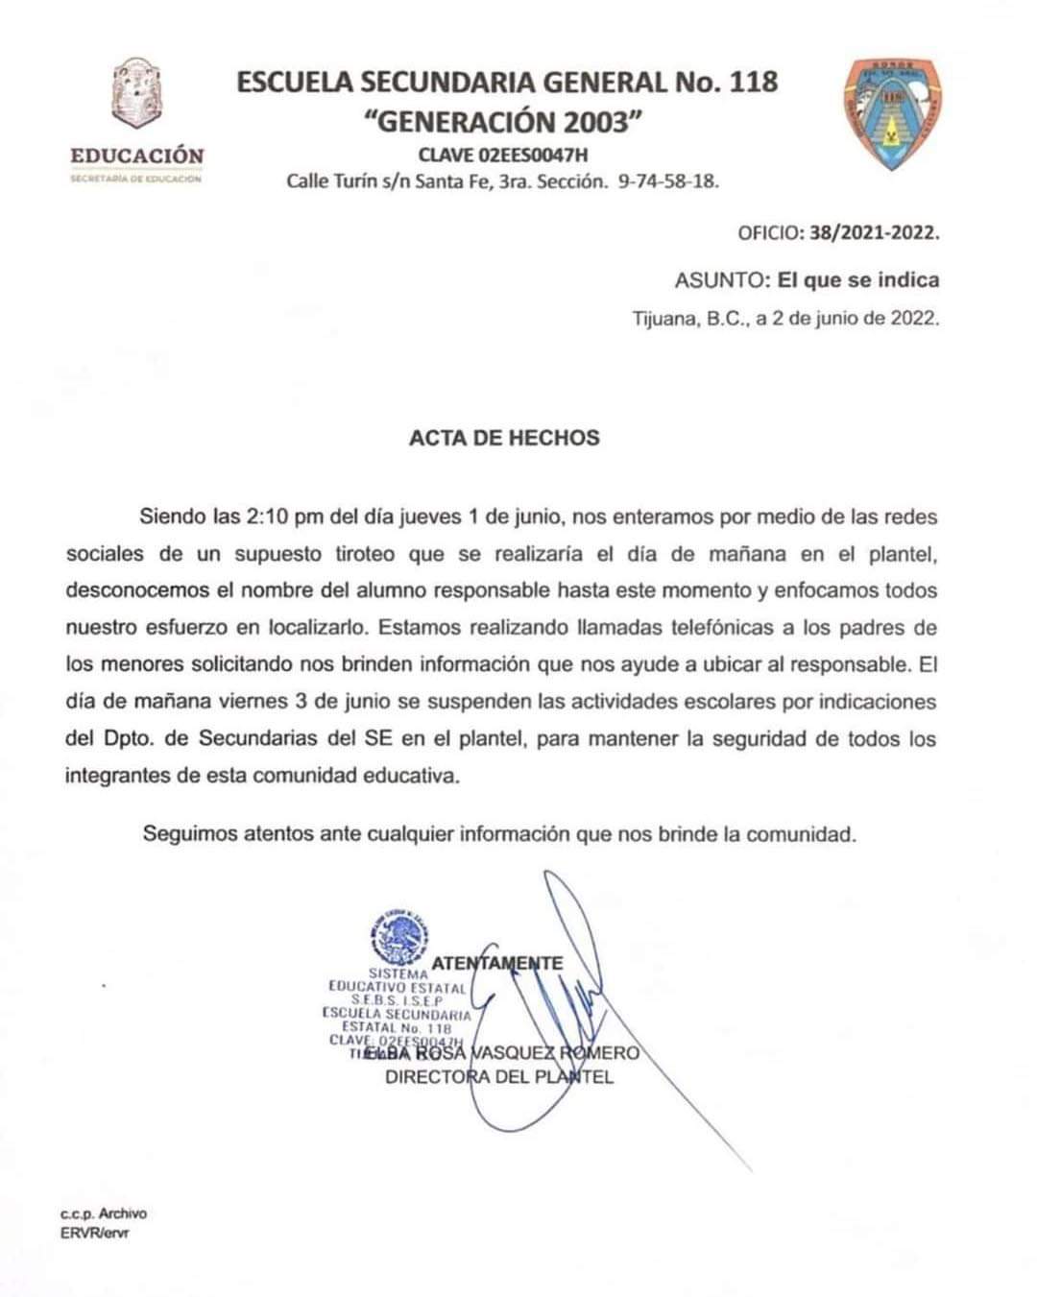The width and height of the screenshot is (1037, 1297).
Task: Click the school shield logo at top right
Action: (893, 115)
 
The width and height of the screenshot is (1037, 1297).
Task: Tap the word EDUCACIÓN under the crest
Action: (136, 156)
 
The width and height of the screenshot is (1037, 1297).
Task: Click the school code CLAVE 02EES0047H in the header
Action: (502, 155)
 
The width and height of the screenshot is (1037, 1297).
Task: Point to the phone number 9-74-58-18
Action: (668, 180)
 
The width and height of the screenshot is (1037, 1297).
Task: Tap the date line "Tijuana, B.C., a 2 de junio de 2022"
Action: (785, 319)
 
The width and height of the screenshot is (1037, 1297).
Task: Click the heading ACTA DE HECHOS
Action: (504, 438)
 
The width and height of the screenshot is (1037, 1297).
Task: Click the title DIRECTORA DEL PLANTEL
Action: (498, 1076)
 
